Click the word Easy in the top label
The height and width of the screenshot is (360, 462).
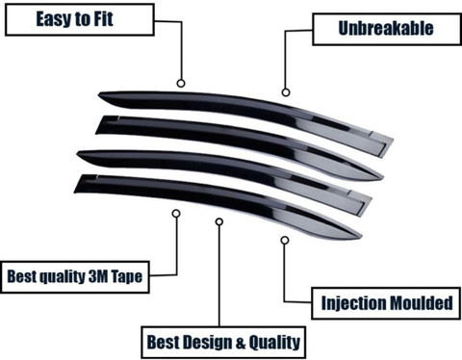coord(54,19)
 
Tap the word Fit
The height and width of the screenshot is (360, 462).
coord(103,18)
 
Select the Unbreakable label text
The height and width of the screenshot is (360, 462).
coord(386,28)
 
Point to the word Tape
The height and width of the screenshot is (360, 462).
coord(127,276)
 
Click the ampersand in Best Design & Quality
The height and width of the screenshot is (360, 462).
coord(241,343)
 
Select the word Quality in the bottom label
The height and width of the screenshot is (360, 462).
coord(274,343)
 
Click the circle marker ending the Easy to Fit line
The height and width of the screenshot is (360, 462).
coord(181,84)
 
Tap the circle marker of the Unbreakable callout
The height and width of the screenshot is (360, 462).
coord(286,92)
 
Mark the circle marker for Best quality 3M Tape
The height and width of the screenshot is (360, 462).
coord(176,214)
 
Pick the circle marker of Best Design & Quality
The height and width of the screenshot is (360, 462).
coord(219,221)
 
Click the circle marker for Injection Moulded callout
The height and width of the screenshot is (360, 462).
coord(285,240)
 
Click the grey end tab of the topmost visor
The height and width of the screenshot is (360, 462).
coord(381,143)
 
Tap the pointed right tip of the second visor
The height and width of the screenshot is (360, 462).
coord(383,177)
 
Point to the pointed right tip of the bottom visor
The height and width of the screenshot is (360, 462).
coord(362,237)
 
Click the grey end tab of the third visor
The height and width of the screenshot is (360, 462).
coord(360,202)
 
